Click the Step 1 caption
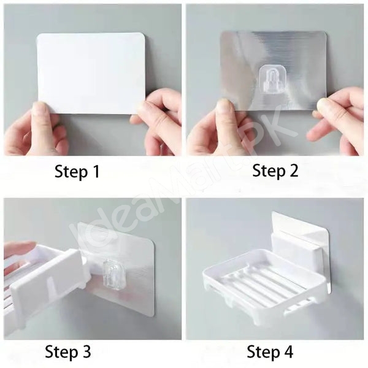click(x=77, y=172)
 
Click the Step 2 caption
click(x=275, y=172)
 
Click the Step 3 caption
click(x=68, y=352)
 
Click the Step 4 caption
click(x=270, y=352)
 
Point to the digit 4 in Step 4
click(x=288, y=351)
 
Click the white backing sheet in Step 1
click(x=91, y=73)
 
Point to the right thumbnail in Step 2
click(x=323, y=104)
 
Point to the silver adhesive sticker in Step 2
click(x=274, y=71)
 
